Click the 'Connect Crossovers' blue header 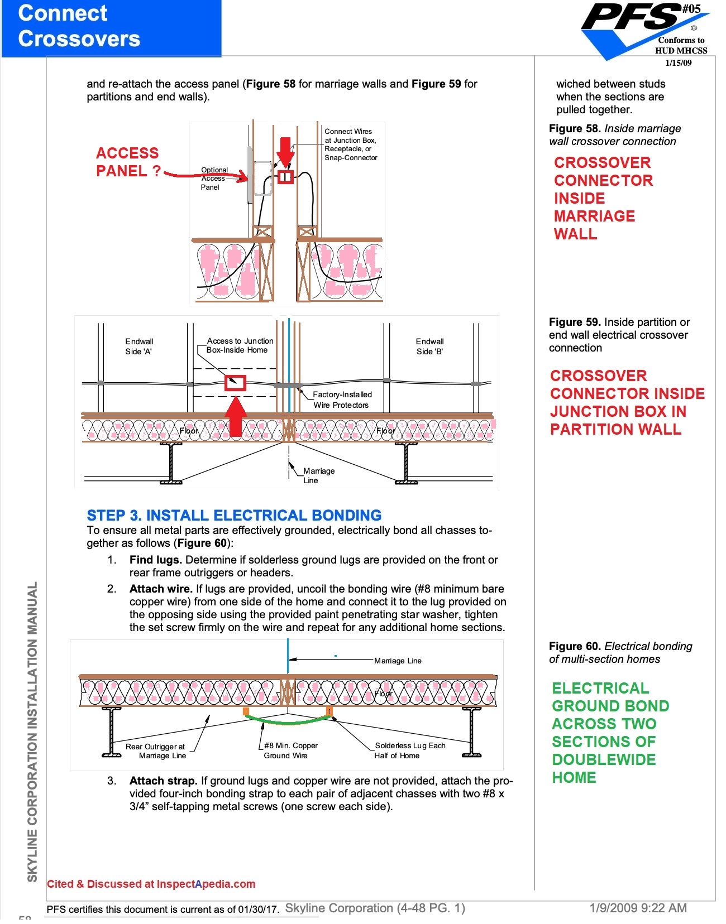79,26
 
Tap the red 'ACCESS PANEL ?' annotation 128,162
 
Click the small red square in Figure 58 285,177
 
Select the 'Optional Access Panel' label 214,179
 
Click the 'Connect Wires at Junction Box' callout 350,145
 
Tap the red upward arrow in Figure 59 236,416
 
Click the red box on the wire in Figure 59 235,383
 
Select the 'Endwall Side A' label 139,346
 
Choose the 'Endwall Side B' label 429,346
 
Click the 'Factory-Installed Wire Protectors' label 341,400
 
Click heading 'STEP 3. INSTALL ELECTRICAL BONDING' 234,515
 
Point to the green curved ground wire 288,721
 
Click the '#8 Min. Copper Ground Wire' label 290,750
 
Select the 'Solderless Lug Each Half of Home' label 409,750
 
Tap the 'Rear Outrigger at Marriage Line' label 156,751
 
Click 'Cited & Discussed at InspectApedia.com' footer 151,884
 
